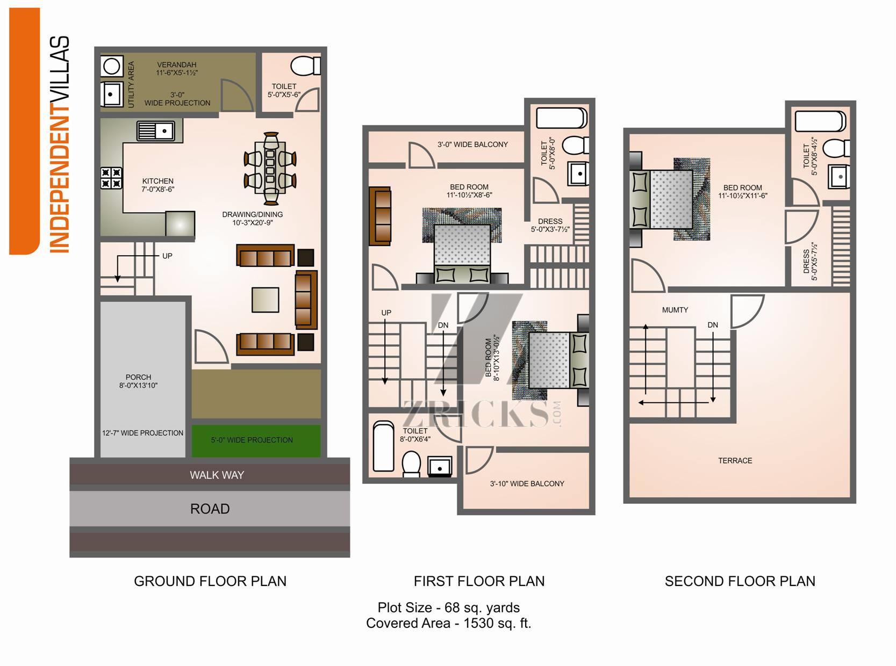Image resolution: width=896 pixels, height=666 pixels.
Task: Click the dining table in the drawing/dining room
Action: (270, 169)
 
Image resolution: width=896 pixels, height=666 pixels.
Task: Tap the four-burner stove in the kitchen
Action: (111, 178)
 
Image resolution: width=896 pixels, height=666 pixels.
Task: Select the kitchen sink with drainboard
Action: (156, 131)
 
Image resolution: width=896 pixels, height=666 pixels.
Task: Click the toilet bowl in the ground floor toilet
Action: (305, 66)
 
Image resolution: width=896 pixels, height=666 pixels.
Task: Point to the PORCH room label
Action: (138, 377)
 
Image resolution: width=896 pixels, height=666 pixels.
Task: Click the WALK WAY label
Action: (217, 475)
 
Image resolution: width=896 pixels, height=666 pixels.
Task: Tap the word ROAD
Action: (210, 509)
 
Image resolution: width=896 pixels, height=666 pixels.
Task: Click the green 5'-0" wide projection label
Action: (252, 440)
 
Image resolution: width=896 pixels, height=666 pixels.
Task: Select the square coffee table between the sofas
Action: (266, 300)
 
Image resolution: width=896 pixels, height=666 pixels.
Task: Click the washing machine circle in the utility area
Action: (111, 66)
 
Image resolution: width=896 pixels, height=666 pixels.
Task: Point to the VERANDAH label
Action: (176, 64)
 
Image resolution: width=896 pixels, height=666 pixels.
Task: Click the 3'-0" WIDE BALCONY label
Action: (472, 144)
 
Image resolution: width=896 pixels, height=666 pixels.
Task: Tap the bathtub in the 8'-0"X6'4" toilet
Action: (383, 446)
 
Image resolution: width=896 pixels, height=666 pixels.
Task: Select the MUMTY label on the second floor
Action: (675, 310)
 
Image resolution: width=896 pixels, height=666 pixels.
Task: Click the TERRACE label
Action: (735, 460)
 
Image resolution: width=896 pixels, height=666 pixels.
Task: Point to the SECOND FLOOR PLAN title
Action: (740, 581)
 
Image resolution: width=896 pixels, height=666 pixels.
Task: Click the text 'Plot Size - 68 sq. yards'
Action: (449, 607)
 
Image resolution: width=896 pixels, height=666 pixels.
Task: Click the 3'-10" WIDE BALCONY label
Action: (527, 483)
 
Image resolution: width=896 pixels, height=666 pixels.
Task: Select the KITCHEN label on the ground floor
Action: (157, 181)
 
